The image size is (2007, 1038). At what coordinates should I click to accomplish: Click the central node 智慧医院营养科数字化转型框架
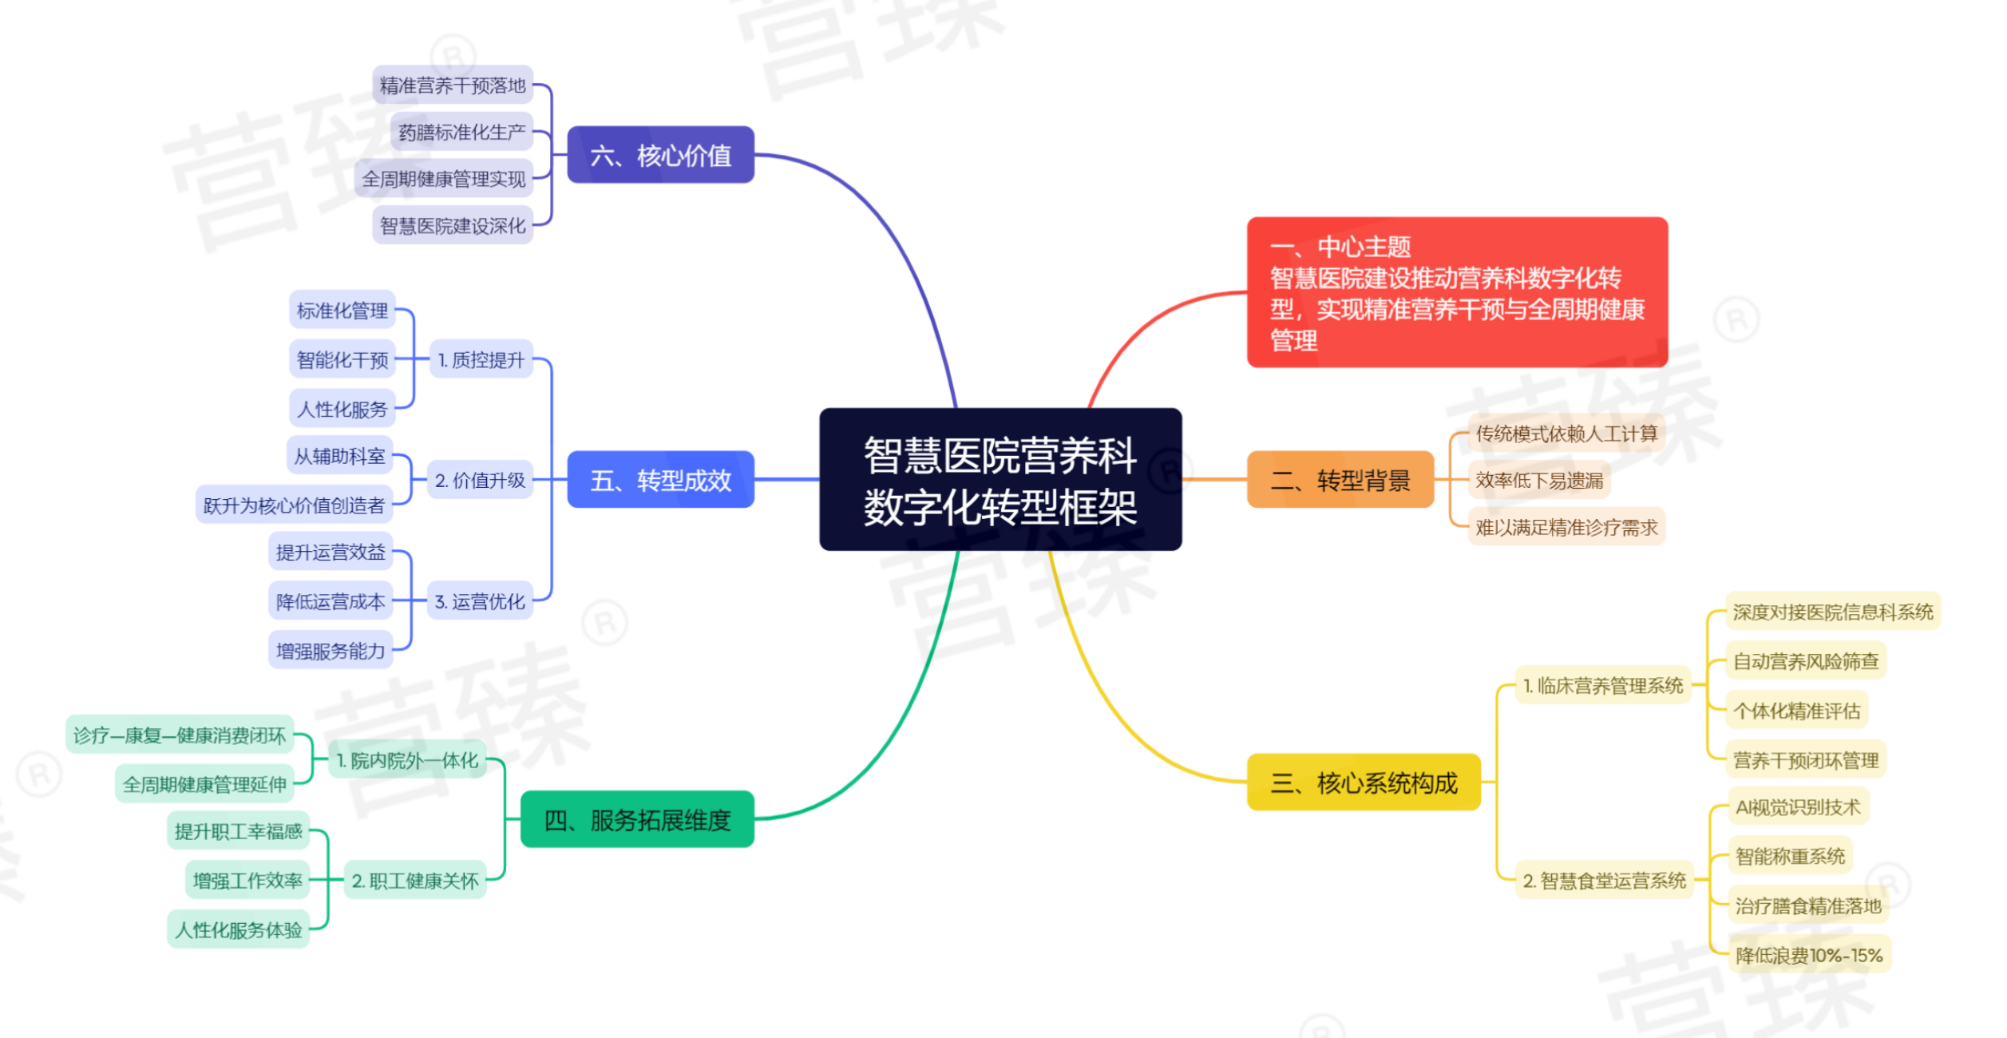[x=1000, y=479]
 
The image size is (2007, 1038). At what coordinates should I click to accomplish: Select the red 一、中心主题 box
[x=1457, y=292]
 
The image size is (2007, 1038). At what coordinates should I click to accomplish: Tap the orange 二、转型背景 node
[x=1340, y=480]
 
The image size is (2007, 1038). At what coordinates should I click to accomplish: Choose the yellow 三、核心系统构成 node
[x=1364, y=782]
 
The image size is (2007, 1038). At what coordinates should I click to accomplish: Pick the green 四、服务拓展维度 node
[x=637, y=819]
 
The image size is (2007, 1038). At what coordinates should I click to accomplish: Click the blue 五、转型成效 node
[x=660, y=480]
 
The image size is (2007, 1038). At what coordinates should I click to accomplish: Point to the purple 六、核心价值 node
[x=660, y=155]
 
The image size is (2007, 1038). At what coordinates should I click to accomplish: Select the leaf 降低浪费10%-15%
[x=1809, y=955]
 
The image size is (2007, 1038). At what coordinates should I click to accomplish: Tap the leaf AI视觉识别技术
[x=1798, y=807]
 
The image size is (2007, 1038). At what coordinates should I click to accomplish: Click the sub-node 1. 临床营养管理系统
[x=1603, y=685]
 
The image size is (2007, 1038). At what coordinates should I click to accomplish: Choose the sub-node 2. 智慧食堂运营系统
[x=1605, y=881]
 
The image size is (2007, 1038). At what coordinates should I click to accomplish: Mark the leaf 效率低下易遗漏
[x=1539, y=480]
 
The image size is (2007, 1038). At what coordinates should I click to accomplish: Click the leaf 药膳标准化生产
[x=461, y=132]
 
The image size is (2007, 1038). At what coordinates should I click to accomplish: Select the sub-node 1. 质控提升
[x=481, y=359]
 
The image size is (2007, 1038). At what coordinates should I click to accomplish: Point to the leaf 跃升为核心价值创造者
[x=294, y=505]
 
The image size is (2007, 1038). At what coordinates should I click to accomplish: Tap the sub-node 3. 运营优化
[x=480, y=601]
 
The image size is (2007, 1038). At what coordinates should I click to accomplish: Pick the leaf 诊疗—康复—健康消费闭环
[x=180, y=735]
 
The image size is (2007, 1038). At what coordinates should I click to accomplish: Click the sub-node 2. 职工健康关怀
[x=415, y=881]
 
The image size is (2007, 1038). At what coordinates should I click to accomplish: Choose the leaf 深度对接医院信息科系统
[x=1833, y=612]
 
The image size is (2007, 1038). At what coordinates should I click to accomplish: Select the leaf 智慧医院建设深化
[x=453, y=225]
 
